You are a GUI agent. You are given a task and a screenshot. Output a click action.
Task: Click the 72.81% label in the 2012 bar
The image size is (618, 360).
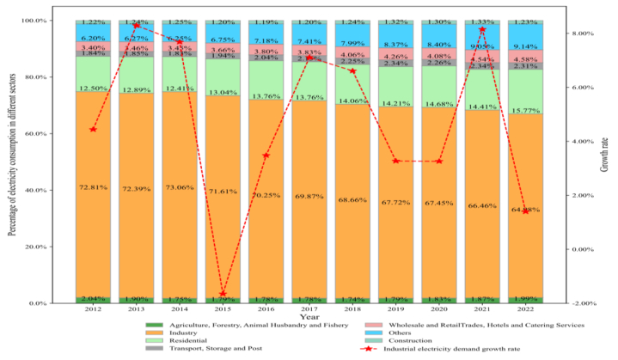click(93, 186)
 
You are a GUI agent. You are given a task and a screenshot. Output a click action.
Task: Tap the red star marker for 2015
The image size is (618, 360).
click(223, 294)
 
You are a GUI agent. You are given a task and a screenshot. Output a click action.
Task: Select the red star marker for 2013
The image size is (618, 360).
click(136, 26)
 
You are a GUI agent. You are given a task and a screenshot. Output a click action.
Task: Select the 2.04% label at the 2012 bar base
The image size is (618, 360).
click(93, 299)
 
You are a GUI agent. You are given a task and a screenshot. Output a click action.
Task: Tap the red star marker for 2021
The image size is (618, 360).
click(482, 30)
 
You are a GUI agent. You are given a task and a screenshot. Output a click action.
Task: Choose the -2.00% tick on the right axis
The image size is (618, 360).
click(583, 303)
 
